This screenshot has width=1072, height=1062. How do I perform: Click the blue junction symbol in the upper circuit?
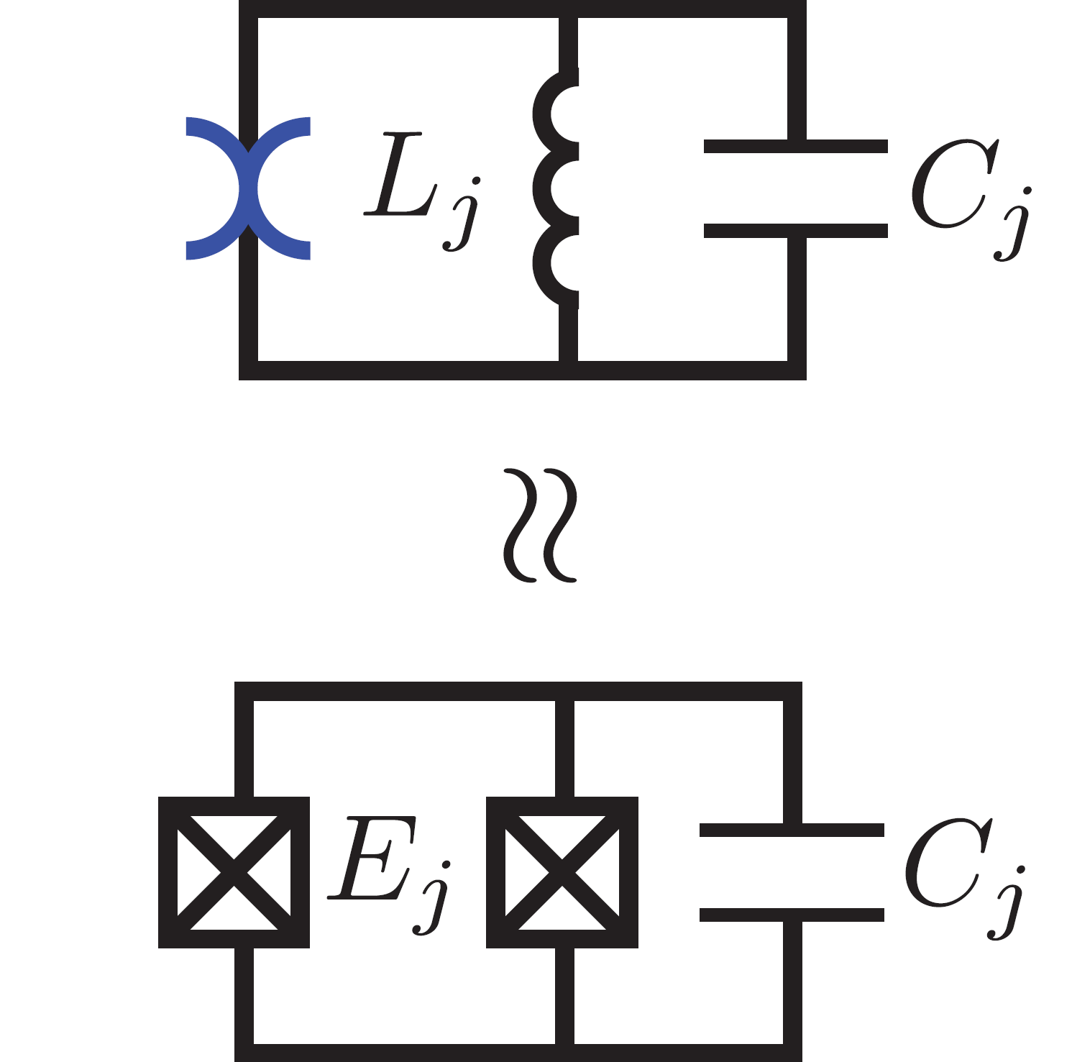click(x=248, y=188)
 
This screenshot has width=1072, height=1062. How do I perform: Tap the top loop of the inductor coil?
click(x=555, y=114)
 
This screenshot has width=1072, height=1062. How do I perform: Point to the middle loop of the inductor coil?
click(x=555, y=188)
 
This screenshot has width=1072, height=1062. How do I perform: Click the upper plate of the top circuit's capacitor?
click(x=795, y=147)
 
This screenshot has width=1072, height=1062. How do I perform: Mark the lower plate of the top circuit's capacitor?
click(x=795, y=231)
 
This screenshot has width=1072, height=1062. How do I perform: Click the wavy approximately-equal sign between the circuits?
click(x=540, y=526)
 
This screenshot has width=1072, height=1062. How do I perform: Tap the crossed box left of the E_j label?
click(x=234, y=872)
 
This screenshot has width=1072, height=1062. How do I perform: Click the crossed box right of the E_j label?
click(x=562, y=872)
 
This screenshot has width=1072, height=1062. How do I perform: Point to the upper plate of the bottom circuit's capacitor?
click(x=791, y=830)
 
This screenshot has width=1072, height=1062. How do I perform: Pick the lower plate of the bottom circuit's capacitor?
click(x=791, y=915)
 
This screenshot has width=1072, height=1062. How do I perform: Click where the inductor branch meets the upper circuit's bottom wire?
click(x=568, y=370)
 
